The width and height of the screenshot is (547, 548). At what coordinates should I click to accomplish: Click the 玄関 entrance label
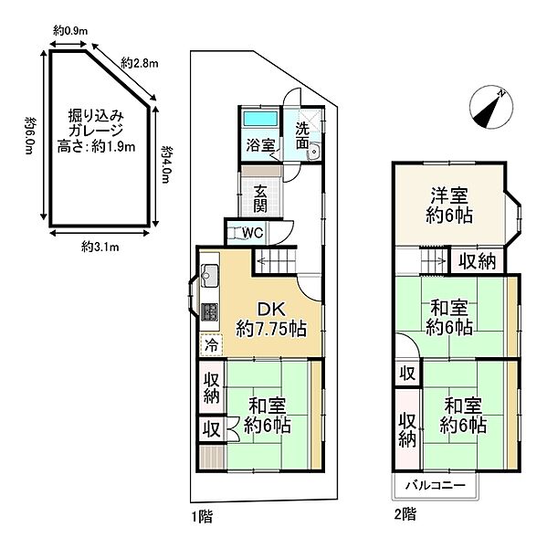point(261,198)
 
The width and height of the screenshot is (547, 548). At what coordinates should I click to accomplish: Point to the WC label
point(252,232)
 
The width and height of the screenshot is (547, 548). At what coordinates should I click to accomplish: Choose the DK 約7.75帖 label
point(269,317)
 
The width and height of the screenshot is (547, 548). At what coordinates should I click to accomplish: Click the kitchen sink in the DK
point(208,274)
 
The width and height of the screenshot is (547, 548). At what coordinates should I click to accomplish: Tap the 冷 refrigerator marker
point(211,345)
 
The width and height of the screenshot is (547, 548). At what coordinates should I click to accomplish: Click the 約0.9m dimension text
point(69,30)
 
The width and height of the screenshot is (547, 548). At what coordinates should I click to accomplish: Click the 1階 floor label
point(202,516)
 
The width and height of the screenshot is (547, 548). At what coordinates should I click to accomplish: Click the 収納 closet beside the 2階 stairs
point(476,261)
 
